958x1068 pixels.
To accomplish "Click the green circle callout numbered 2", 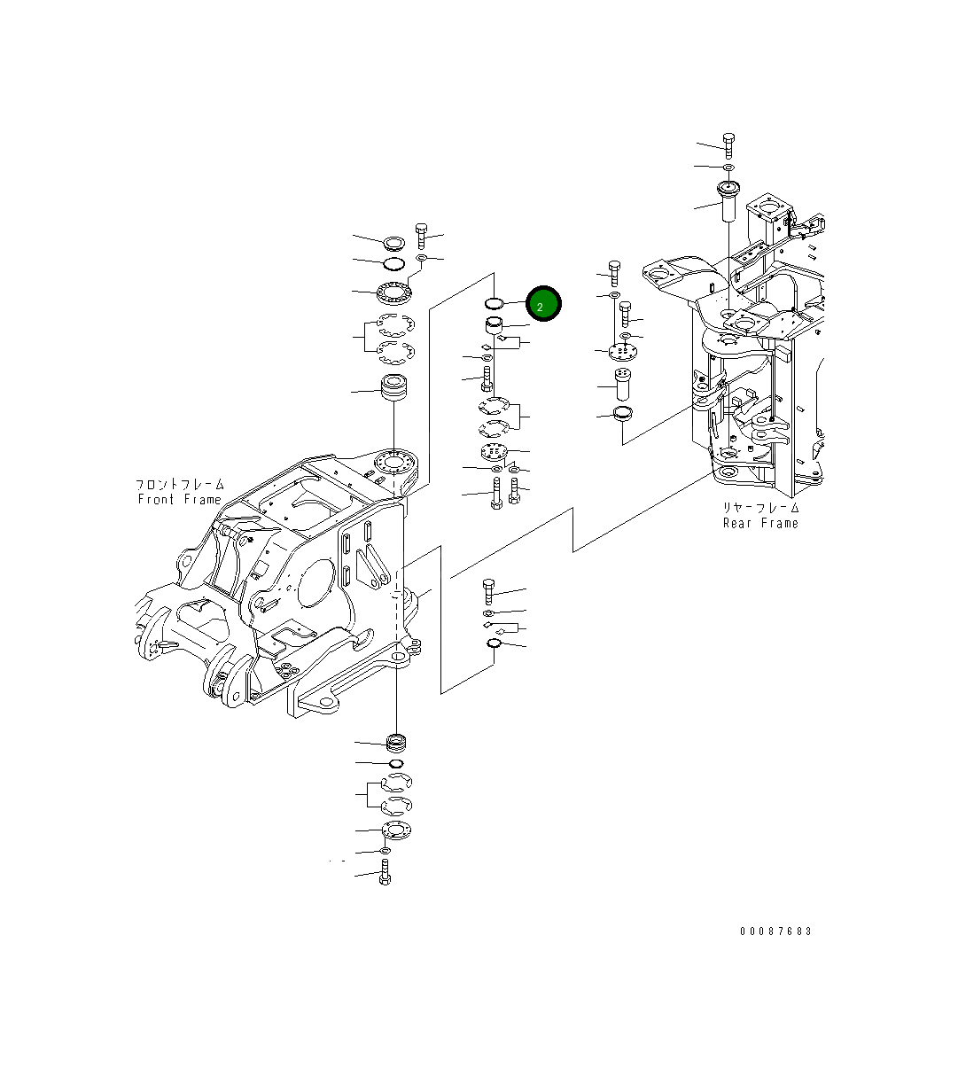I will click(543, 305).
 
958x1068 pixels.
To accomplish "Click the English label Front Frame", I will click(179, 500).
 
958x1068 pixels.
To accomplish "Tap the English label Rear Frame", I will click(760, 523).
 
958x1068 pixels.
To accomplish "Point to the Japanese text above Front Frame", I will click(179, 485).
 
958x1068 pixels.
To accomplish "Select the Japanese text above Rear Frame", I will click(760, 508).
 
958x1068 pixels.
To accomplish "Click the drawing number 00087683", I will click(775, 932).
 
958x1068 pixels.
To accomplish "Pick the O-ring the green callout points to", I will click(495, 303).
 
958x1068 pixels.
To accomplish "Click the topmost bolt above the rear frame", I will click(728, 144).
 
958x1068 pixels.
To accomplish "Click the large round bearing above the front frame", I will click(393, 290).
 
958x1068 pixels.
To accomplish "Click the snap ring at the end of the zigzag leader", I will click(495, 643).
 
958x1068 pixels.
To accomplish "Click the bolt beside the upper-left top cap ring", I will click(422, 235).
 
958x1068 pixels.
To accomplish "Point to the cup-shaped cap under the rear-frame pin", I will click(623, 413).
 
